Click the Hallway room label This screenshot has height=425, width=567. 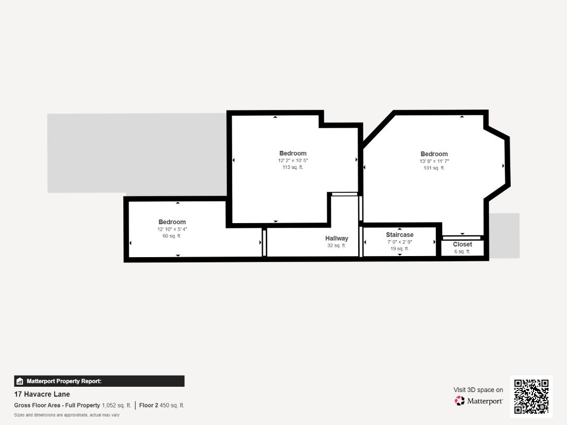click(337, 238)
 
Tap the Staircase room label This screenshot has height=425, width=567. click(400, 234)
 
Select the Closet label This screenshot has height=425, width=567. click(462, 244)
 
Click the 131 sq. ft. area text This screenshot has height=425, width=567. click(434, 168)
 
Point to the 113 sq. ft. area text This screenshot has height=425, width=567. click(293, 167)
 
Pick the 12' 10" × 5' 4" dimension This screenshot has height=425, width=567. click(172, 229)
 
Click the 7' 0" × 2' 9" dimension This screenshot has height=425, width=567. click(400, 242)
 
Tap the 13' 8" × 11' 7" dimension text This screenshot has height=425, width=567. click(434, 161)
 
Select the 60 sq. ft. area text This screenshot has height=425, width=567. click(172, 236)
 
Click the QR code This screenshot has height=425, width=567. click(531, 396)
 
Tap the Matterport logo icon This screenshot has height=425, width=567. click(460, 401)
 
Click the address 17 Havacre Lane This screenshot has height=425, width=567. click(42, 394)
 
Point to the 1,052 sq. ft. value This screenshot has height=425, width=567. click(116, 405)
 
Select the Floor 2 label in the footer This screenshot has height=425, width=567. click(149, 405)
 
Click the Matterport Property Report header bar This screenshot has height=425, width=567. click(99, 381)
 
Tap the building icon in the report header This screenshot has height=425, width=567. click(20, 381)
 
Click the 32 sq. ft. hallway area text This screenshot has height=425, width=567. click(337, 245)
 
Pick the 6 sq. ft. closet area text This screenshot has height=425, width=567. click(462, 251)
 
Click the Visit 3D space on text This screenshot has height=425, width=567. click(478, 389)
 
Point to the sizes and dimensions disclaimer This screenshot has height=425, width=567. click(67, 415)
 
